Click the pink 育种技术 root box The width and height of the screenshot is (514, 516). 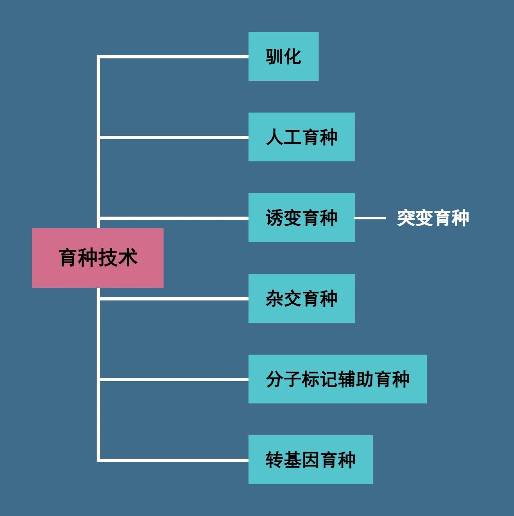tap(97, 258)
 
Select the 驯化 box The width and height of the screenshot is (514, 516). tap(284, 56)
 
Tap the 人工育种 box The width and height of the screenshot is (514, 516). tap(302, 137)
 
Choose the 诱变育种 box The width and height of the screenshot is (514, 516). tap(302, 217)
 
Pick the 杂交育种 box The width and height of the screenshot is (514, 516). tap(302, 298)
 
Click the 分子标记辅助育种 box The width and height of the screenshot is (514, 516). tap(337, 379)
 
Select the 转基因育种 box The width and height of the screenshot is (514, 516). tap(310, 460)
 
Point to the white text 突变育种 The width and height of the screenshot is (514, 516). tap(433, 218)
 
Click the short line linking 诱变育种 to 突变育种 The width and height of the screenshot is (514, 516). tap(370, 218)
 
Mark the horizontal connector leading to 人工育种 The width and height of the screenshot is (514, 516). tap(174, 138)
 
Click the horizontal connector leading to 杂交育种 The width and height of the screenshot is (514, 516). tap(174, 299)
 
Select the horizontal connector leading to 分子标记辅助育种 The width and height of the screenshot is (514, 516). tap(174, 379)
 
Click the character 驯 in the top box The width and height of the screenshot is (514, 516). tap(274, 57)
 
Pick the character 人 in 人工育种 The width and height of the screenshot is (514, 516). tap(275, 137)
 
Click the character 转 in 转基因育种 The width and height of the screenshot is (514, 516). tap(275, 460)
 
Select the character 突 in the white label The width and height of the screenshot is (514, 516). tap(406, 218)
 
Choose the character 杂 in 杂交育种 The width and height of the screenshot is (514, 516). tap(275, 298)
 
